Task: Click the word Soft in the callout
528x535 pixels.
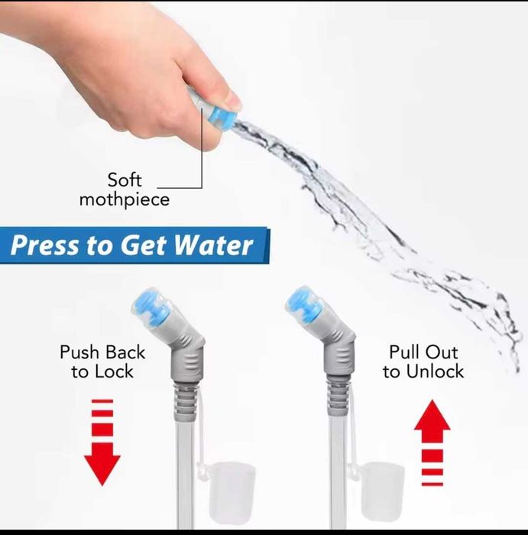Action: click(125, 180)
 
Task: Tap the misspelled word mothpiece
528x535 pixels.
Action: click(125, 200)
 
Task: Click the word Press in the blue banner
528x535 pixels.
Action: click(44, 245)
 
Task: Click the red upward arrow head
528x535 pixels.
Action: click(432, 415)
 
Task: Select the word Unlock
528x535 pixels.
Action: click(436, 371)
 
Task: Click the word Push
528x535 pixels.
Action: click(79, 352)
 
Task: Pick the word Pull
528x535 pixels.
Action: click(402, 352)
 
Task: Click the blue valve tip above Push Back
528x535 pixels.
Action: click(150, 306)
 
